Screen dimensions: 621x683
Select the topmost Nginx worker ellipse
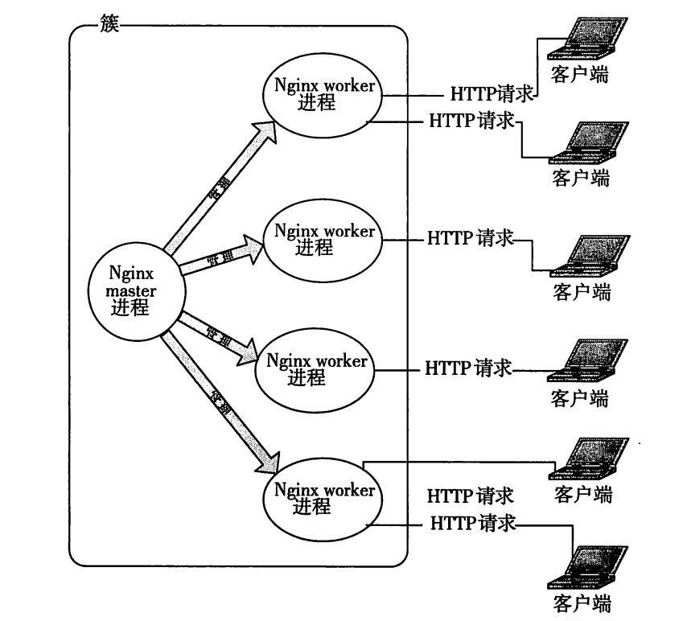coord(323,95)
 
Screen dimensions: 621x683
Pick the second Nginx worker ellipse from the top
coord(323,240)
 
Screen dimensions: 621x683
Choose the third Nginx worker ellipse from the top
coord(315,368)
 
